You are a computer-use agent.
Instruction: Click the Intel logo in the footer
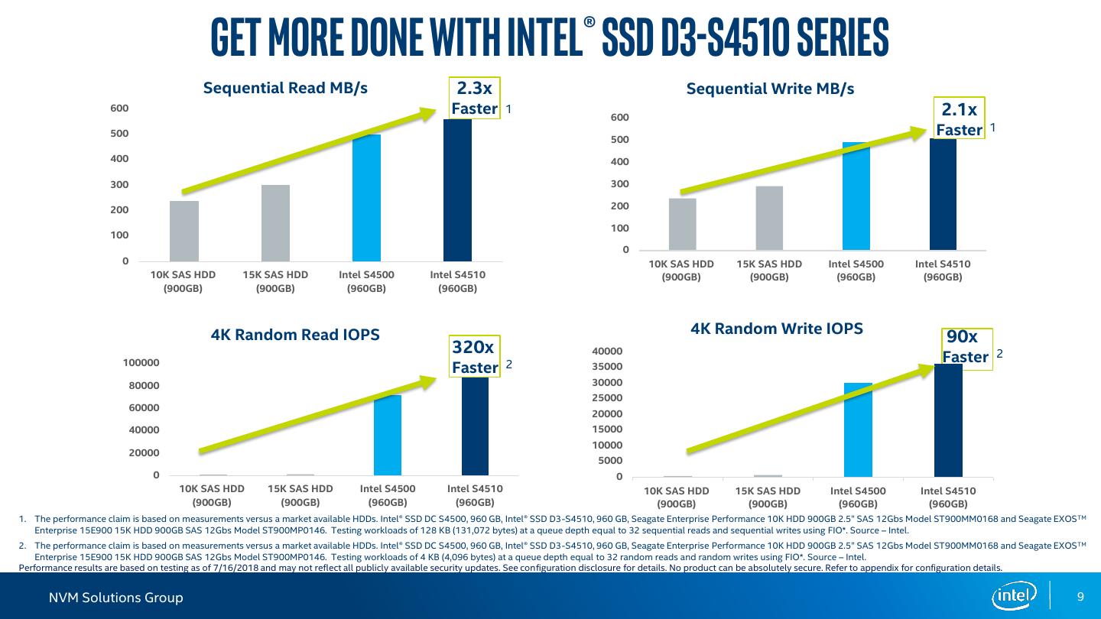[1014, 596]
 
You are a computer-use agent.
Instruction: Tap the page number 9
[1080, 597]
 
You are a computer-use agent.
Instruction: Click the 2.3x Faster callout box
[474, 98]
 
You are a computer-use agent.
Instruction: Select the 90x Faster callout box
[965, 348]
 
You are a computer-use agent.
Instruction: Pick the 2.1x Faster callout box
[959, 119]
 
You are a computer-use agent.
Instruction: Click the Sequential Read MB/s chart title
[285, 88]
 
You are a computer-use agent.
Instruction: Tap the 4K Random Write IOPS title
[776, 329]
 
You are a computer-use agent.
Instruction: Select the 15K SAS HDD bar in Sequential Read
[275, 223]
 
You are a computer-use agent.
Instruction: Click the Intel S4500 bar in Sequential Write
[856, 196]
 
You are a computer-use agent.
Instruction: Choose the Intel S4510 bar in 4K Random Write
[948, 420]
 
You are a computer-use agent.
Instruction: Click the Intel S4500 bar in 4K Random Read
[388, 436]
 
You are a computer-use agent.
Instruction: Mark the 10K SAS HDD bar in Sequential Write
[682, 224]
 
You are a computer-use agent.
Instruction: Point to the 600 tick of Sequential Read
[119, 109]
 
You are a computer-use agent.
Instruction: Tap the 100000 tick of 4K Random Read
[141, 362]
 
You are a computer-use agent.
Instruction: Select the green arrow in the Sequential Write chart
[803, 162]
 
